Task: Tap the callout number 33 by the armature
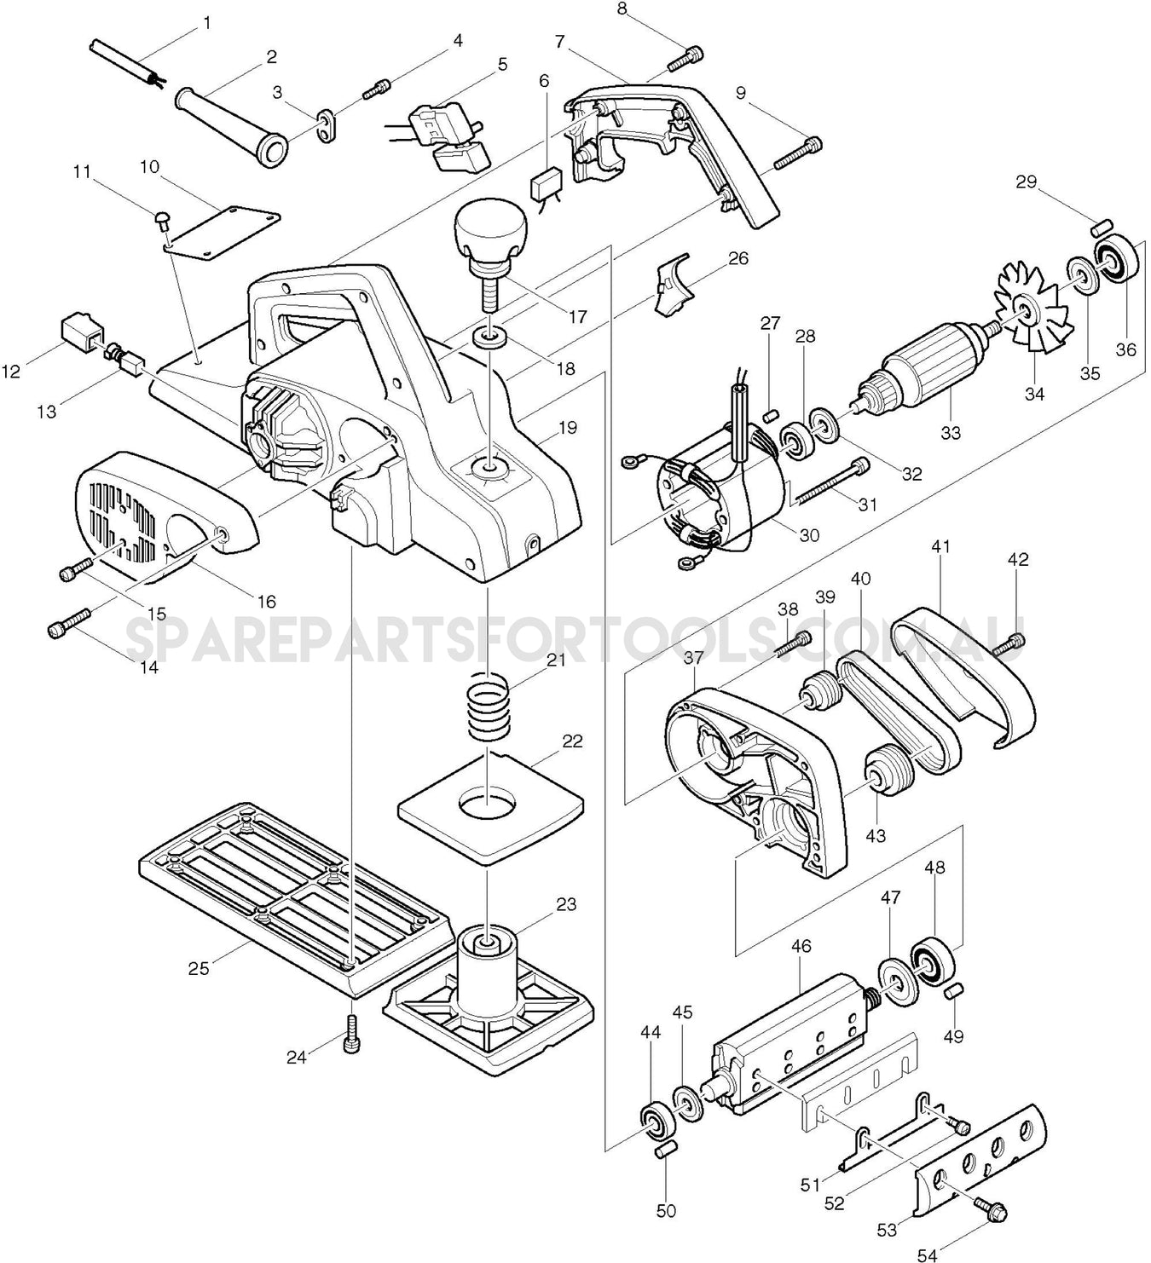pos(950,433)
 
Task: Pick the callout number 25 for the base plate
pos(199,969)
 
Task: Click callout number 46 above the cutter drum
pos(801,947)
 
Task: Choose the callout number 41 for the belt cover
pos(940,547)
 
